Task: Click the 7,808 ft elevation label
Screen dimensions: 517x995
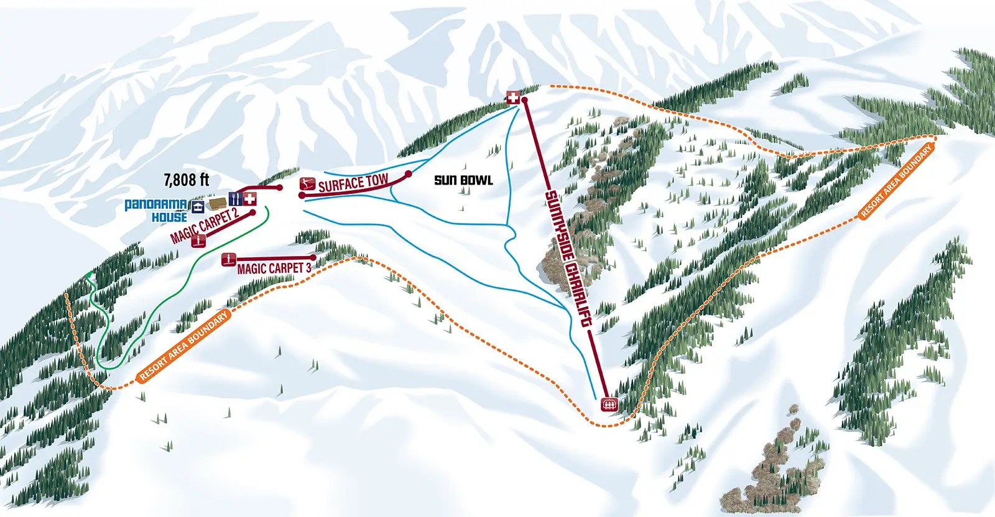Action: pos(186,180)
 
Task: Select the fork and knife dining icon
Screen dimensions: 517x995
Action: pos(235,199)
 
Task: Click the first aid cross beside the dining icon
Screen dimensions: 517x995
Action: pos(250,199)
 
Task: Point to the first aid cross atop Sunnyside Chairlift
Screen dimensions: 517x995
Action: pos(512,98)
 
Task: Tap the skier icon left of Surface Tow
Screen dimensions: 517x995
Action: pos(305,183)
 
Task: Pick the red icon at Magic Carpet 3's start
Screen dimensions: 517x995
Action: pos(228,259)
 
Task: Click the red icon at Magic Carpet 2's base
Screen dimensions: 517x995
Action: pos(199,240)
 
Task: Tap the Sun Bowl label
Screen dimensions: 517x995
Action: pos(463,180)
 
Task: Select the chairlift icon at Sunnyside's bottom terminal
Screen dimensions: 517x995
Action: pos(609,404)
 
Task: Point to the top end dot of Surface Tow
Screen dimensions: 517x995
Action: pos(409,174)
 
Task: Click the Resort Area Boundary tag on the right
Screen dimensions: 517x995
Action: pos(897,181)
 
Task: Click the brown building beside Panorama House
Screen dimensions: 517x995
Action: pos(218,203)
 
